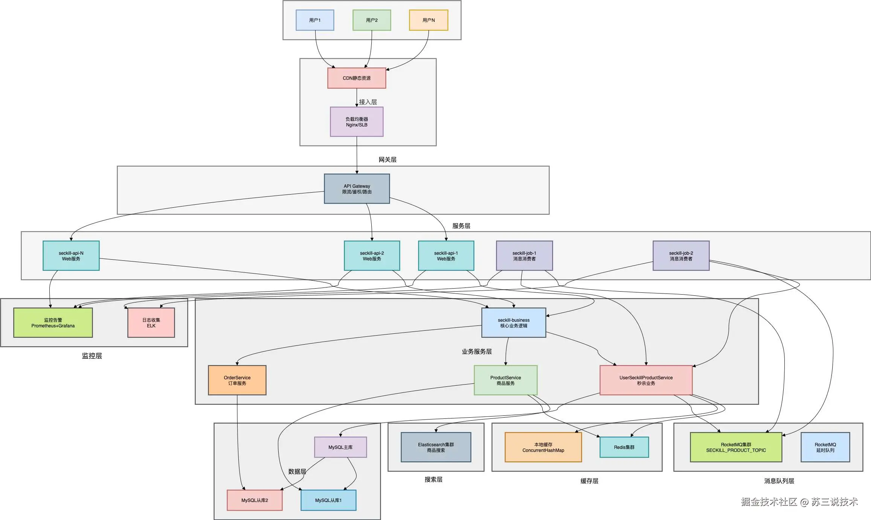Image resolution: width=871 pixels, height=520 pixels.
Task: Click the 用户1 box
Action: (315, 20)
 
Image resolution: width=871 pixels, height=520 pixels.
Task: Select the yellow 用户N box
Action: (429, 20)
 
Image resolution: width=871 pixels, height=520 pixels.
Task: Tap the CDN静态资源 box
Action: (357, 78)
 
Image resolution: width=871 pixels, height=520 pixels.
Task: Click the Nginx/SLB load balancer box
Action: (357, 122)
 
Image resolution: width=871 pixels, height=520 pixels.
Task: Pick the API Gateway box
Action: (357, 189)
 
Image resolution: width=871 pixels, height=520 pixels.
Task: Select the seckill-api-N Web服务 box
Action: (71, 256)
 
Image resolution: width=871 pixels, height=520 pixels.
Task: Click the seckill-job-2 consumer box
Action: (681, 256)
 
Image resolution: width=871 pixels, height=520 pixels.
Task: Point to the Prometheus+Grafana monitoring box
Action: (53, 323)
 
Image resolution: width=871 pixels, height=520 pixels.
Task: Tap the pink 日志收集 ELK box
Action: (151, 323)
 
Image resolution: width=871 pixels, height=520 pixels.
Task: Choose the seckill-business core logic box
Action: (514, 323)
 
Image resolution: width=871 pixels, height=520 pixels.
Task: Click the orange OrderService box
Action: (237, 380)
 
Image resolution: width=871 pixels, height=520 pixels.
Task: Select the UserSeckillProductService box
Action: (646, 380)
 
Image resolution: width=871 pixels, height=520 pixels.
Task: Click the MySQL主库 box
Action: (340, 447)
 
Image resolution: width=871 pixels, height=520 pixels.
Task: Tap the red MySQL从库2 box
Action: (255, 500)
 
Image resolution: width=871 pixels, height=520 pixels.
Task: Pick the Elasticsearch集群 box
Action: (436, 447)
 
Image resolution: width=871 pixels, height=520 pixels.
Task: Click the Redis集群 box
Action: (624, 447)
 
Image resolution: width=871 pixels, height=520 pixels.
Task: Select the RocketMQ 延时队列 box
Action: (825, 447)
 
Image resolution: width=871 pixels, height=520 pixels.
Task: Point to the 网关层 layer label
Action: (387, 160)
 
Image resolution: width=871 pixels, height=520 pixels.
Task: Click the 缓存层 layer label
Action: (589, 481)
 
